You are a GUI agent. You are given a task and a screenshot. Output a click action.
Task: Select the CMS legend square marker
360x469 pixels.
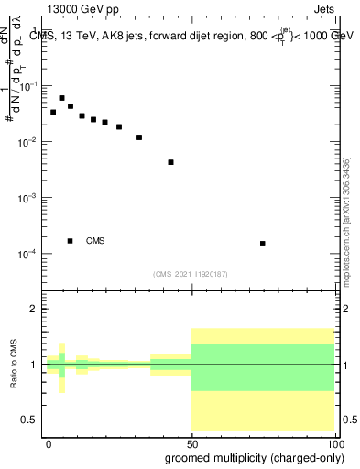click(71, 241)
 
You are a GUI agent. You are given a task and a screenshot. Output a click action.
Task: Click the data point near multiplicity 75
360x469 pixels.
click(263, 244)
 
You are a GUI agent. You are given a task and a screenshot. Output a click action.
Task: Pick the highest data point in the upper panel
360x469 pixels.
click(61, 98)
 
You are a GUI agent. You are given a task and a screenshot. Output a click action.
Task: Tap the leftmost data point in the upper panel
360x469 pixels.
click(53, 112)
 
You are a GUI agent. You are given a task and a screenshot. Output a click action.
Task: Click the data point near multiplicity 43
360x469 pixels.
click(170, 162)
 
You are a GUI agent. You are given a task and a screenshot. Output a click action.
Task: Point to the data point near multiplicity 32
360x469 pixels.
click(139, 137)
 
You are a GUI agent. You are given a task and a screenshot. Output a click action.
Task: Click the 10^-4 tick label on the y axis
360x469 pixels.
click(28, 254)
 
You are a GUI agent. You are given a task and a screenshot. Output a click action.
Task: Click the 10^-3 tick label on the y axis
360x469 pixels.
click(28, 198)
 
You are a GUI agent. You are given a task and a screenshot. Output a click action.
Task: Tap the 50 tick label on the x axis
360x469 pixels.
click(191, 443)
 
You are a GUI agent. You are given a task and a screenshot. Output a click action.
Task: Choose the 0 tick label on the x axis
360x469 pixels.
click(49, 443)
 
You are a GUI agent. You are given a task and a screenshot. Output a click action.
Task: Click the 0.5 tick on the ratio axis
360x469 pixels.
click(34, 420)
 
